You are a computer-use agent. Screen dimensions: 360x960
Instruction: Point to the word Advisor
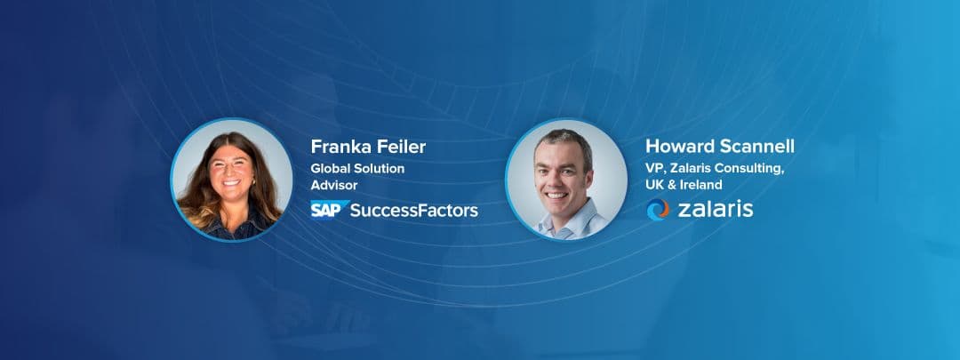point(334,186)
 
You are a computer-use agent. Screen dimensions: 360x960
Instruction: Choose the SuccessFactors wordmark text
point(413,211)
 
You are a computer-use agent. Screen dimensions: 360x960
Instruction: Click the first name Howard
point(681,147)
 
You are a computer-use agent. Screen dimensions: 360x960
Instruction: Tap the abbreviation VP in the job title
point(654,169)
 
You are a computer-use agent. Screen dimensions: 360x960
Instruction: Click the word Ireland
point(700,186)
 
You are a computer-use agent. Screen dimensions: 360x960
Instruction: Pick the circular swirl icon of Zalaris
point(658,210)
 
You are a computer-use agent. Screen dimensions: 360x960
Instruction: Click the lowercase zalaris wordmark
point(714,210)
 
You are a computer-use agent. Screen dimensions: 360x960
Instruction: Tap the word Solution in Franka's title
point(380,169)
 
